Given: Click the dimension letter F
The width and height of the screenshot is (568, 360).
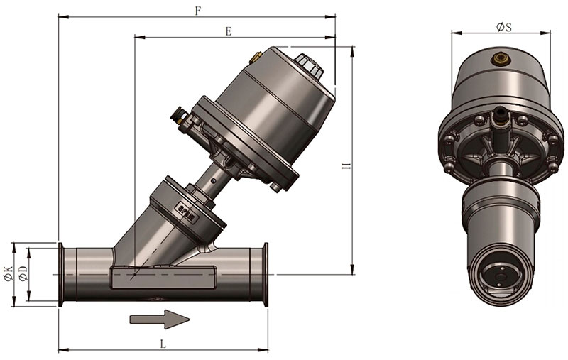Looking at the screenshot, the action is click(198, 11).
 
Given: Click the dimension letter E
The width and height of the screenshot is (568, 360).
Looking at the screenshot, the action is click(228, 31).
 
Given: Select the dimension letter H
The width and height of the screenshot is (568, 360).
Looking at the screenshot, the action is click(346, 166).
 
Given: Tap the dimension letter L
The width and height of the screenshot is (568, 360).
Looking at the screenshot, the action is click(163, 344).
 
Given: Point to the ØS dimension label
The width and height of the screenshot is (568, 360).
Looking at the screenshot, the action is click(504, 27).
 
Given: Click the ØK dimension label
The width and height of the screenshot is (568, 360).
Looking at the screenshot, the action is click(8, 274).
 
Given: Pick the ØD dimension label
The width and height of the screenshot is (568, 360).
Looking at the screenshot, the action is click(23, 273).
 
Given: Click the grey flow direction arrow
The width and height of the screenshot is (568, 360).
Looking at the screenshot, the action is click(160, 319).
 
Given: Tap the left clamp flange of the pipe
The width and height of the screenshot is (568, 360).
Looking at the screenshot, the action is click(61, 275).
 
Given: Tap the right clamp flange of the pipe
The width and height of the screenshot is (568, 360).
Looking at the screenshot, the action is click(266, 275).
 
